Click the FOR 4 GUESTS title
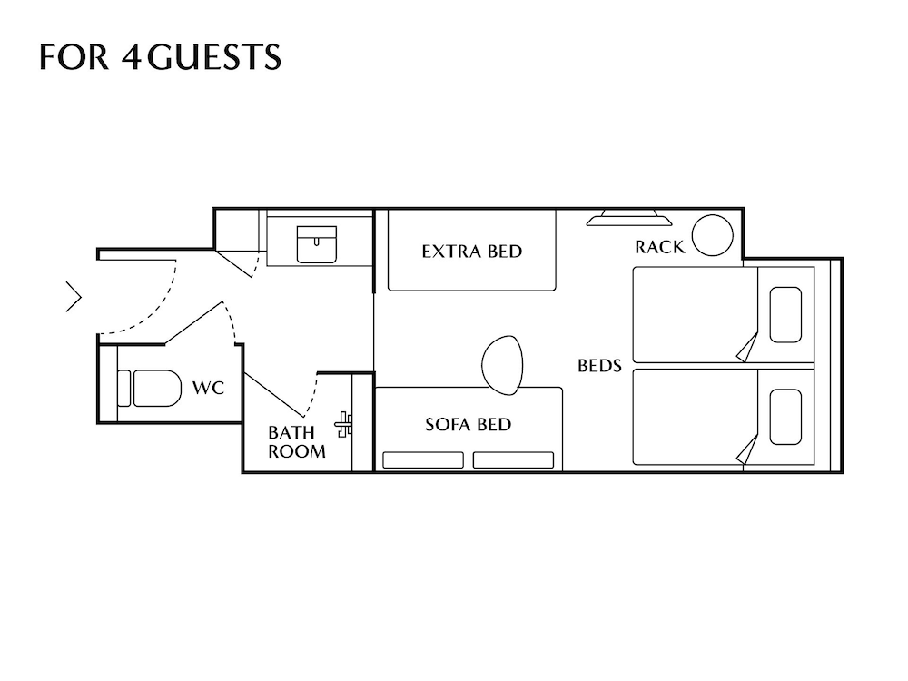click(x=160, y=56)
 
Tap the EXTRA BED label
click(x=471, y=251)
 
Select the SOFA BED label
click(x=468, y=424)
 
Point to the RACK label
click(x=659, y=247)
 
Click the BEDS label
click(x=599, y=366)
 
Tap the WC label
click(x=207, y=389)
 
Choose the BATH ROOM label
click(x=296, y=442)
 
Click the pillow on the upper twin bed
click(x=785, y=314)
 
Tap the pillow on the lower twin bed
click(x=785, y=416)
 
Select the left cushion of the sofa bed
click(x=422, y=460)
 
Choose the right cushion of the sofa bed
click(x=513, y=460)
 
